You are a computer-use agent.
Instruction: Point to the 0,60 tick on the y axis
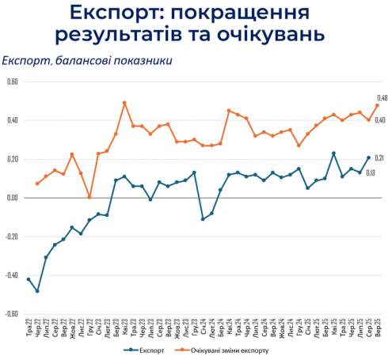click(x=11, y=81)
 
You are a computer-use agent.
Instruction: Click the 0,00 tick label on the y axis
click(x=11, y=198)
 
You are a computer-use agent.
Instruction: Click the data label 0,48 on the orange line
click(x=381, y=97)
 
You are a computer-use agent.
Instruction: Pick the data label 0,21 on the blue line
click(x=380, y=157)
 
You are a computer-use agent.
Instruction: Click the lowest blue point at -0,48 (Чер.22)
click(x=37, y=290)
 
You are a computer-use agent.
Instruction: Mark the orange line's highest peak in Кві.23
click(x=124, y=103)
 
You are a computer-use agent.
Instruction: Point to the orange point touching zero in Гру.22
click(x=89, y=197)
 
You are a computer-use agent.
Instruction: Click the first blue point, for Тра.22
click(x=29, y=279)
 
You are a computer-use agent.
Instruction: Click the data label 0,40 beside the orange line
click(x=380, y=120)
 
